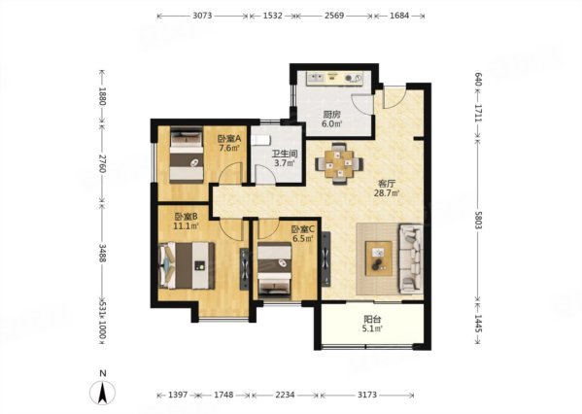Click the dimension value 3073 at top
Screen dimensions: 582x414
pyautogui.click(x=202, y=16)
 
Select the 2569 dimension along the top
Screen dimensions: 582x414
pyautogui.click(x=334, y=16)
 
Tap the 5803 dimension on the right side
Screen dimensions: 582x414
pyautogui.click(x=478, y=219)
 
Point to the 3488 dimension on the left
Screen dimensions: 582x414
pyautogui.click(x=103, y=253)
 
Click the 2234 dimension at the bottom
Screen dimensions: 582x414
pyautogui.click(x=285, y=395)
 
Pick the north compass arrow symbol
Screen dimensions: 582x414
pyautogui.click(x=103, y=393)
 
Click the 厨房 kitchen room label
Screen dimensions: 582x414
pyautogui.click(x=331, y=114)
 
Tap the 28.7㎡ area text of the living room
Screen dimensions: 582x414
pyautogui.click(x=387, y=192)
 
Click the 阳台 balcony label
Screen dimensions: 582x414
pyautogui.click(x=372, y=319)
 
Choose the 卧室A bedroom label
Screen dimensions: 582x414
pyautogui.click(x=229, y=139)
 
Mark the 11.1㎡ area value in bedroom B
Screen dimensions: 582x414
pyautogui.click(x=186, y=225)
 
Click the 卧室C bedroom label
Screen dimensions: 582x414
pyautogui.click(x=303, y=229)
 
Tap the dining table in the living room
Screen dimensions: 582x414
pyautogui.click(x=339, y=163)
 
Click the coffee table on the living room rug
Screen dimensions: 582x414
pyautogui.click(x=379, y=259)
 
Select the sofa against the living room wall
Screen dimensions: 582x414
pyautogui.click(x=411, y=259)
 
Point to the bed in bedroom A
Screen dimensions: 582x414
pyautogui.click(x=187, y=155)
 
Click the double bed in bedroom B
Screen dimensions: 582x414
pyautogui.click(x=187, y=265)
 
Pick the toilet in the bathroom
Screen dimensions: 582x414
pyautogui.click(x=260, y=140)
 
